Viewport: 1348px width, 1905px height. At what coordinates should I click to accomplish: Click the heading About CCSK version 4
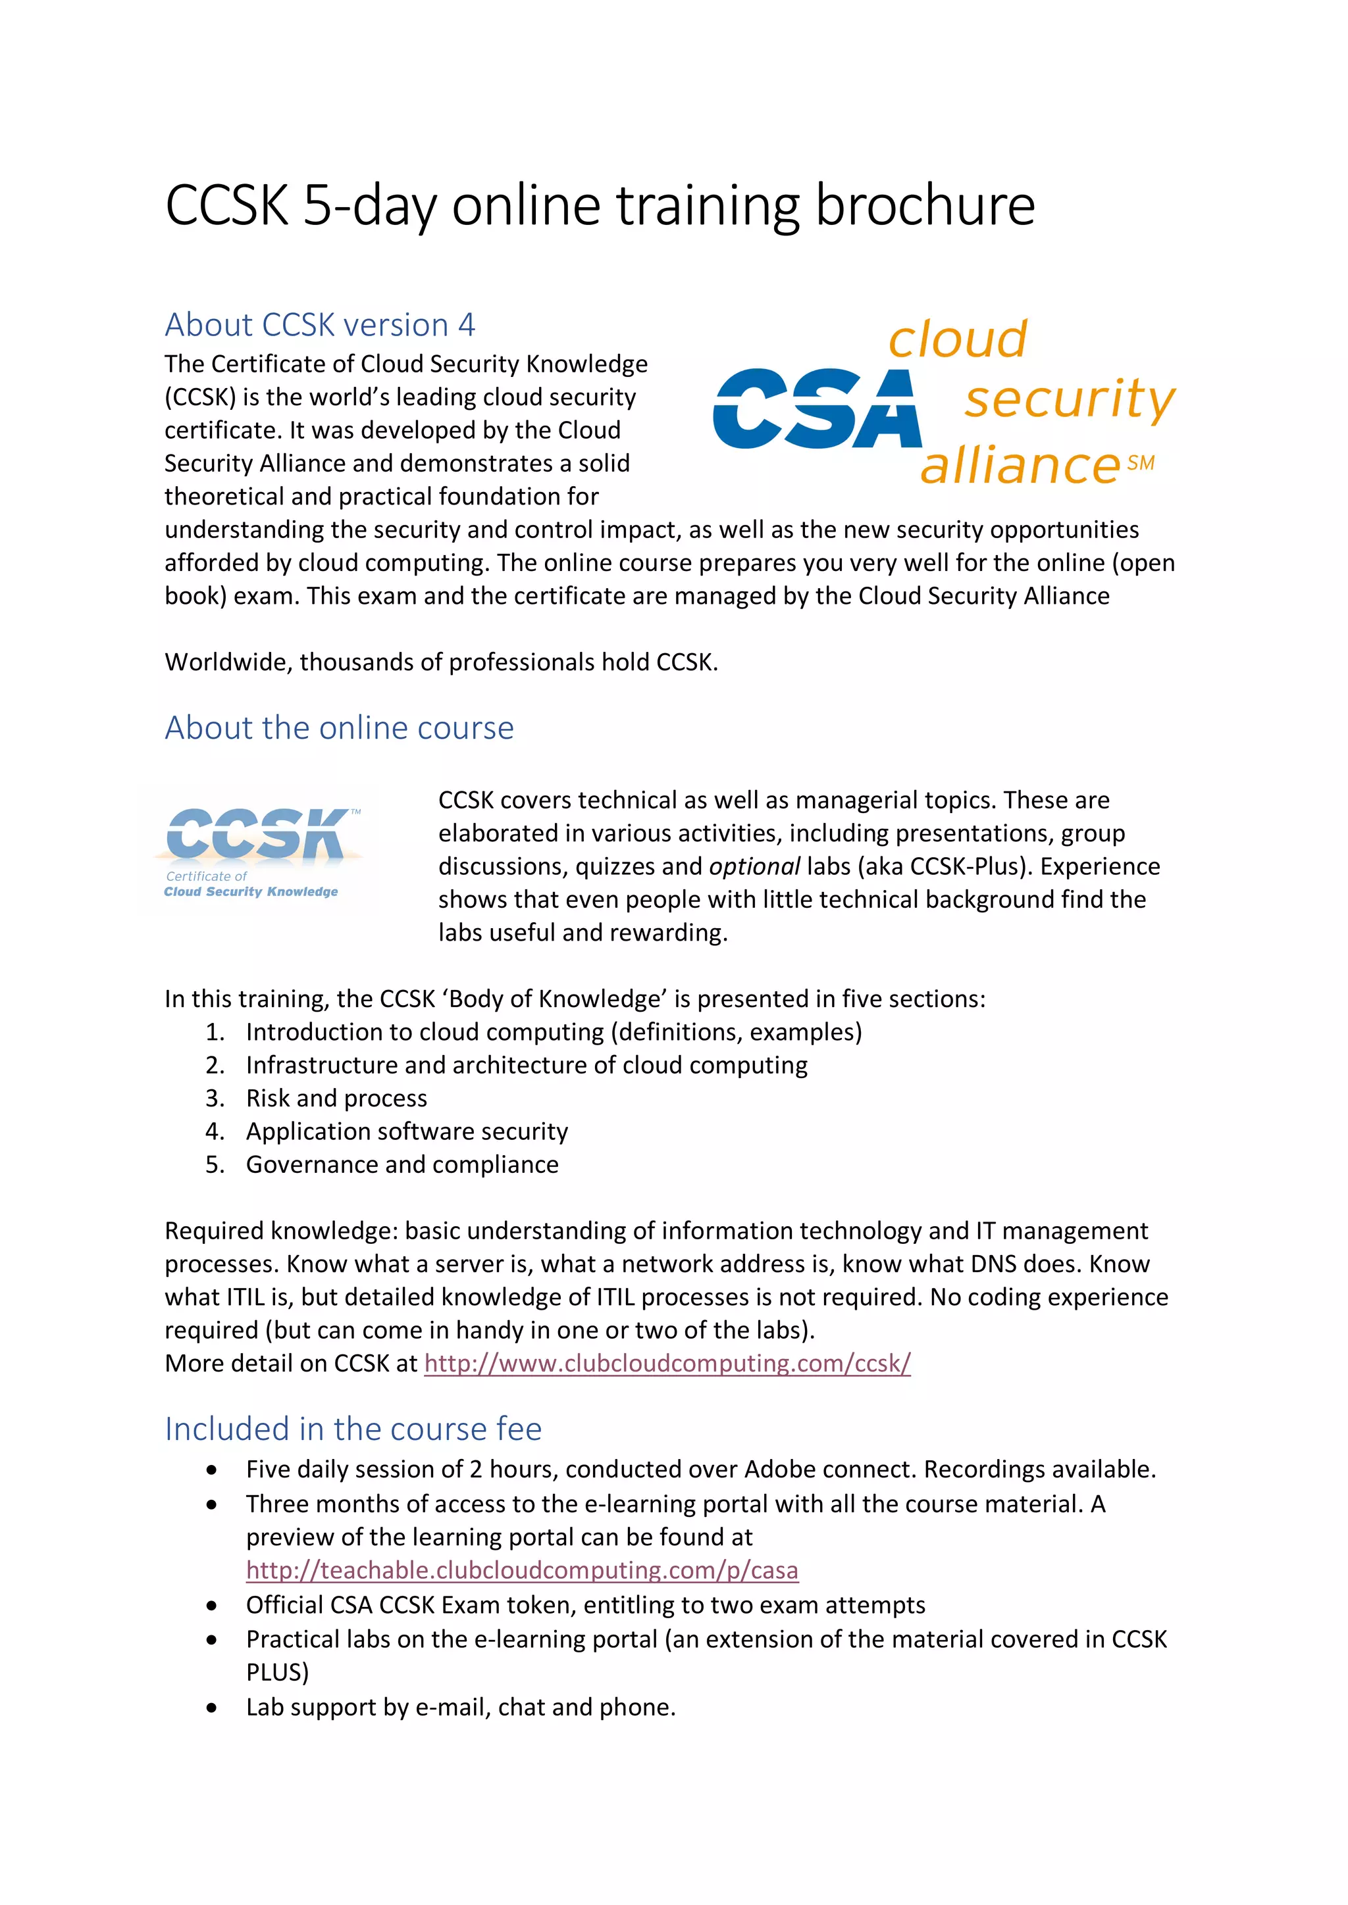[x=320, y=324]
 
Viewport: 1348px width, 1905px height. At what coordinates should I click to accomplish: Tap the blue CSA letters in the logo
[x=817, y=409]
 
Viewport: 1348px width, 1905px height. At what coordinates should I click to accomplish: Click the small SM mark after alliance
[x=1141, y=463]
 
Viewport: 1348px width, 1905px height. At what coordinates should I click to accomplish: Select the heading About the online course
[x=339, y=728]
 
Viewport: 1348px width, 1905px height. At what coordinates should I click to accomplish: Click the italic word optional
[x=754, y=866]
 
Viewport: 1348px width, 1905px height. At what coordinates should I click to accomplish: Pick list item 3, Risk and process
[x=336, y=1098]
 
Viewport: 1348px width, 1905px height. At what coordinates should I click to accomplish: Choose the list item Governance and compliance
[x=402, y=1164]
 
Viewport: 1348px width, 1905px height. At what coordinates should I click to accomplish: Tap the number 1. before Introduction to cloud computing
[x=215, y=1031]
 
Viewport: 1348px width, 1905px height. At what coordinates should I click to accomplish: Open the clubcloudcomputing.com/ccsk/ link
[x=667, y=1363]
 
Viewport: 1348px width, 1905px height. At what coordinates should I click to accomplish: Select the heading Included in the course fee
[x=353, y=1429]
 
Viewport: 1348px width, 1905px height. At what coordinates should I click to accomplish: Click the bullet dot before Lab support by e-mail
[x=213, y=1708]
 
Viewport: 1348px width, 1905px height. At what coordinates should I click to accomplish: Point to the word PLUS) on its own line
[x=277, y=1672]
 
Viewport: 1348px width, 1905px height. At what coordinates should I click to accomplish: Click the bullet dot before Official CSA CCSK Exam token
[x=213, y=1606]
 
